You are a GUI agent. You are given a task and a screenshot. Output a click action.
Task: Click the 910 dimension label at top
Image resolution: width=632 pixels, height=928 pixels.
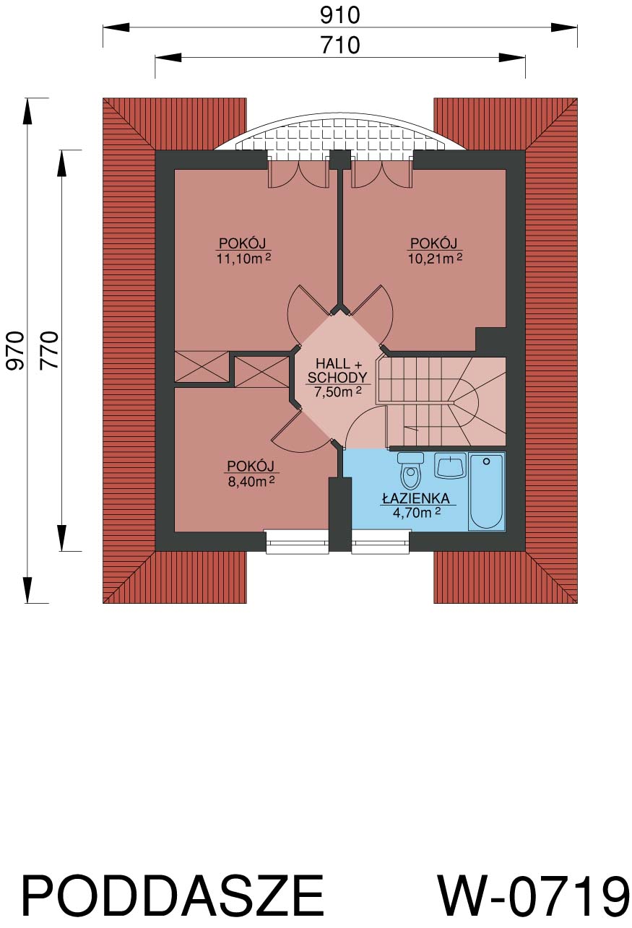[339, 16]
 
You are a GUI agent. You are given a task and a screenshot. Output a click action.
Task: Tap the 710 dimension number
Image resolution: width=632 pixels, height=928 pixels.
[339, 45]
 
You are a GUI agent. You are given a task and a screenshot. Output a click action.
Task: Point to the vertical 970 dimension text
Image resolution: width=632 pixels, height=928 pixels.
[16, 350]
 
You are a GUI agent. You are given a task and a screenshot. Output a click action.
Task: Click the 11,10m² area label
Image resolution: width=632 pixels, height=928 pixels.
[243, 259]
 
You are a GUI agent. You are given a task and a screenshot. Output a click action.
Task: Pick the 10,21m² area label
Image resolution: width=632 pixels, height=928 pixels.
[435, 259]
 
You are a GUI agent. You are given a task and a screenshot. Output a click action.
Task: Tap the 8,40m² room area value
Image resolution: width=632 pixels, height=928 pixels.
[251, 482]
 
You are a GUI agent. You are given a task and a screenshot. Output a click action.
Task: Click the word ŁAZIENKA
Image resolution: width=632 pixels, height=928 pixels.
[415, 498]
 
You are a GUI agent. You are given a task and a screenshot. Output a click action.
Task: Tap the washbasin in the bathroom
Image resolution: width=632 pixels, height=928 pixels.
[450, 465]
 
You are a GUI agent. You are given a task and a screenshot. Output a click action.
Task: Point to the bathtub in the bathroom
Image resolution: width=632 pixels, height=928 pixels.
[487, 491]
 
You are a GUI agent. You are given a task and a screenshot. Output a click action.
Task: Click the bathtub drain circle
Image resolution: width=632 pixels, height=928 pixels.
[487, 461]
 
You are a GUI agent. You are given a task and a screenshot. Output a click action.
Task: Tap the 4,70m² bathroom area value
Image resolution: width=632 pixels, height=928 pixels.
[416, 513]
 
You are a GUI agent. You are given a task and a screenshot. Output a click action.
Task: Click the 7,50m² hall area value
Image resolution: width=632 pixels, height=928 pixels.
[338, 391]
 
